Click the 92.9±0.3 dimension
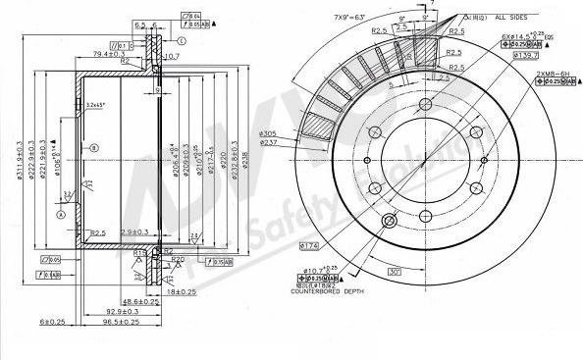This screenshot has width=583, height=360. (x=114, y=310)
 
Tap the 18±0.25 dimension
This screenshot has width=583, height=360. (x=182, y=292)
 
